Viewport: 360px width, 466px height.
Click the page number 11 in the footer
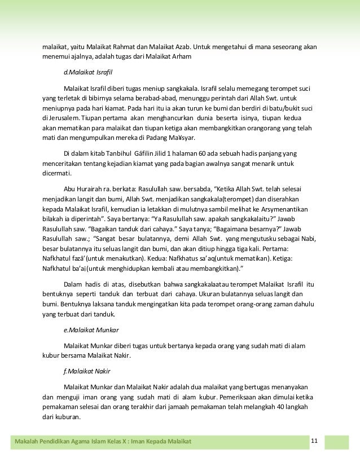click(315, 440)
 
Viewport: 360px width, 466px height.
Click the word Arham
click(181, 57)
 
